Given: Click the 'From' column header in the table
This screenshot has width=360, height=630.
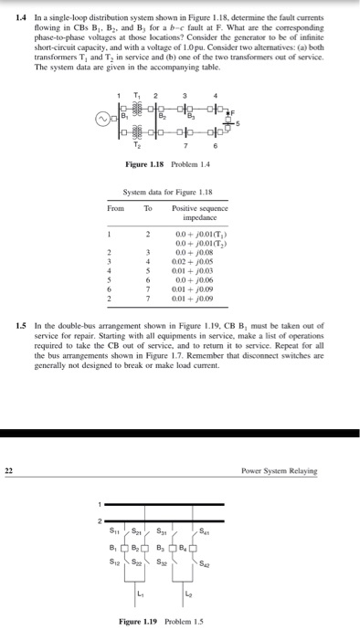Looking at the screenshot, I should (x=115, y=209).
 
